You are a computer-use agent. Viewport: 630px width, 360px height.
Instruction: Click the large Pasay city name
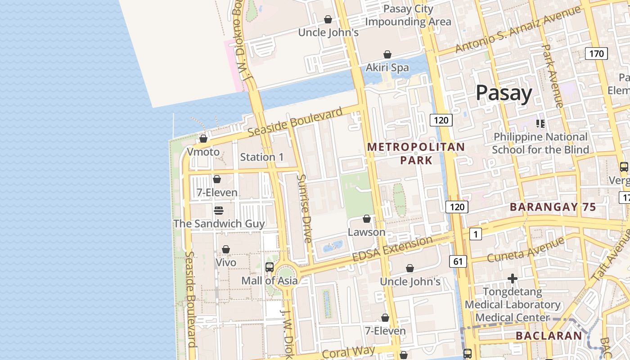tap(504, 93)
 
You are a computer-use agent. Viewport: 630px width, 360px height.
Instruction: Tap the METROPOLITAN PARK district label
tap(416, 153)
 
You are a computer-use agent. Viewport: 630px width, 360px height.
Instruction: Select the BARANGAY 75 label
tap(553, 207)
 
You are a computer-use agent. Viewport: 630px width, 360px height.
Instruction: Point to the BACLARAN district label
tap(549, 336)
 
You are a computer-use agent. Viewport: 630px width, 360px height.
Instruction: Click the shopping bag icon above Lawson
tap(367, 219)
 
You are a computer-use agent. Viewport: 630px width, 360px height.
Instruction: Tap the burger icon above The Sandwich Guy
tap(219, 211)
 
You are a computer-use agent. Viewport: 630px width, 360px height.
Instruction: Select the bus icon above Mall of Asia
tap(269, 267)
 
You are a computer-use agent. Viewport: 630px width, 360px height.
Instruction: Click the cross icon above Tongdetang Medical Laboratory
tap(512, 279)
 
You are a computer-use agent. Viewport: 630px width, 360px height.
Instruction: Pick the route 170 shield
tap(596, 54)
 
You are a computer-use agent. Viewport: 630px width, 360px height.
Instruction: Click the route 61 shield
tap(458, 261)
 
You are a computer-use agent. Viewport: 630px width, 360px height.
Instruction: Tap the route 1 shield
tap(475, 234)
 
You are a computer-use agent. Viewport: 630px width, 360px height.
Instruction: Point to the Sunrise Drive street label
tap(304, 208)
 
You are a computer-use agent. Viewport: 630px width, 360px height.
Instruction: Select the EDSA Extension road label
tap(392, 249)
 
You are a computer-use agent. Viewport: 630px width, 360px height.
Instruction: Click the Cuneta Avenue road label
tap(525, 250)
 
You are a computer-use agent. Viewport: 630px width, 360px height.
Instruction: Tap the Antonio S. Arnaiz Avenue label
tap(517, 29)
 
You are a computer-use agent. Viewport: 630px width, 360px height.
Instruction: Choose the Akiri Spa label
tap(387, 67)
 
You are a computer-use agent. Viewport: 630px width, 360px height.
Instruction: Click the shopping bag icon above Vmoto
tap(203, 139)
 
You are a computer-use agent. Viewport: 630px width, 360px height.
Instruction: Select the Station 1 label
tap(262, 157)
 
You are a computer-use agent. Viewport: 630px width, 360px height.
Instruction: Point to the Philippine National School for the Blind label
tap(540, 143)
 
